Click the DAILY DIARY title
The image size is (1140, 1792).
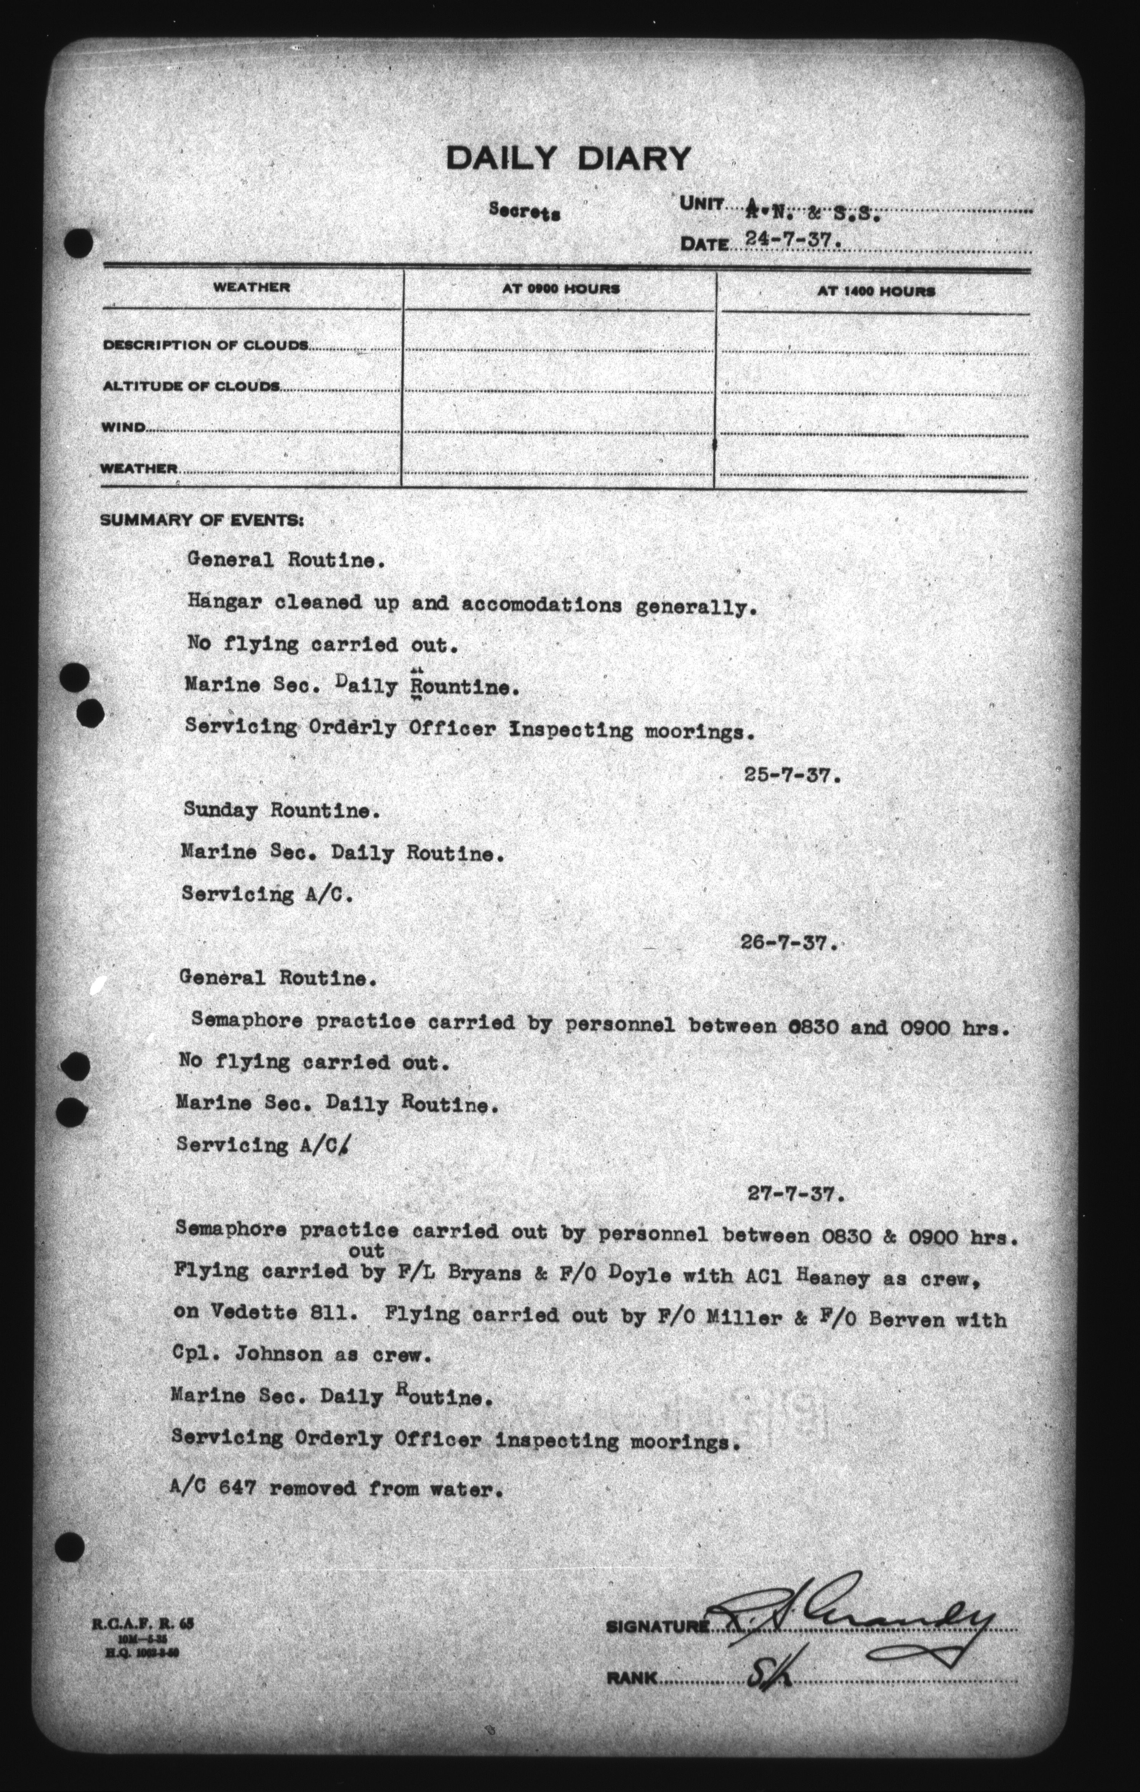tap(568, 158)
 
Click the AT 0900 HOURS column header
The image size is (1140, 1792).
tap(560, 289)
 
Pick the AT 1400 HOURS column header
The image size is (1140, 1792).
tap(876, 292)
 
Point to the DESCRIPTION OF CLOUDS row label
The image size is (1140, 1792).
tap(205, 345)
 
